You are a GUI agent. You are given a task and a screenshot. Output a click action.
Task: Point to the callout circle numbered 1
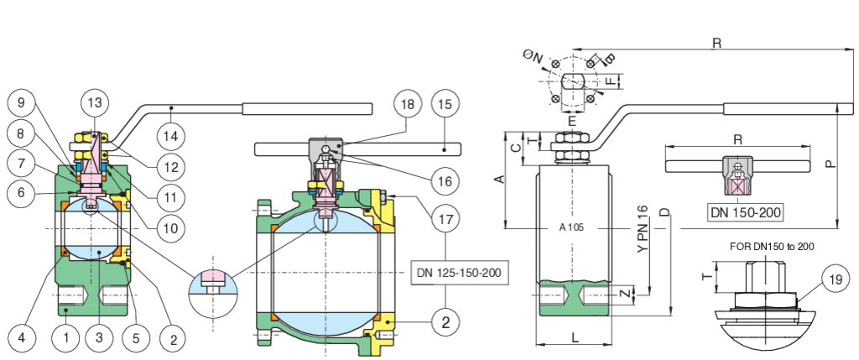click(x=66, y=338)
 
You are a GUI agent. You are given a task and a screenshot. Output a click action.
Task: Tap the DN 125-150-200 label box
click(x=461, y=273)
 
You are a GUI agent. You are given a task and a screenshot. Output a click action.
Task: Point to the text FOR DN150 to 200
click(x=769, y=246)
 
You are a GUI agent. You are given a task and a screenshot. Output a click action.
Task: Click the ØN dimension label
click(x=534, y=55)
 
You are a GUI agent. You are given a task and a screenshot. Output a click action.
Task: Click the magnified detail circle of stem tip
click(x=213, y=284)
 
